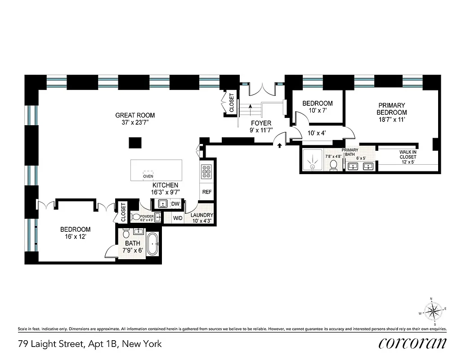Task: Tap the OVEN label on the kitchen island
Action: pyautogui.click(x=148, y=176)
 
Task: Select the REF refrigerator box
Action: pyautogui.click(x=207, y=192)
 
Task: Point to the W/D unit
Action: pyautogui.click(x=178, y=218)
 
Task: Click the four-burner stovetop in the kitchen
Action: pyautogui.click(x=207, y=171)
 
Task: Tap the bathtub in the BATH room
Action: pyautogui.click(x=153, y=244)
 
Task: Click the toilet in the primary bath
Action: pyautogui.click(x=334, y=166)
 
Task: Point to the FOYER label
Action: pyautogui.click(x=261, y=123)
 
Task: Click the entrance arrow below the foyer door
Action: pyautogui.click(x=280, y=145)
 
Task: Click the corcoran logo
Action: pyautogui.click(x=412, y=343)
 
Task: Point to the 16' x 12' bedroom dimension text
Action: pyautogui.click(x=75, y=237)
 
